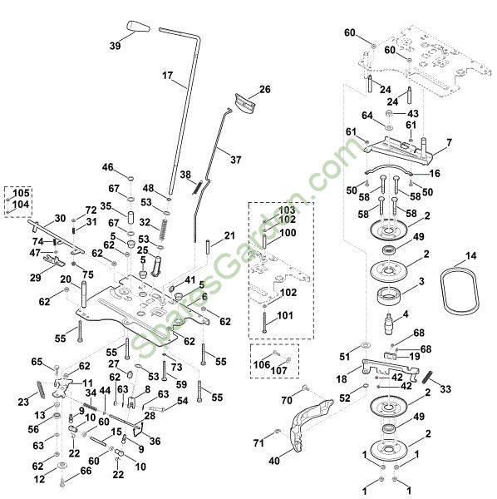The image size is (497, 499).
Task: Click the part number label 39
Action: pyautogui.click(x=116, y=45)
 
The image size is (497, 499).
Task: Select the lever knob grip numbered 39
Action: pyautogui.click(x=138, y=27)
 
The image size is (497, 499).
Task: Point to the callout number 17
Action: pyautogui.click(x=167, y=76)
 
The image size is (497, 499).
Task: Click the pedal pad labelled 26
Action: pyautogui.click(x=245, y=102)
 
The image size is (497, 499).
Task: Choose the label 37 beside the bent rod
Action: pyautogui.click(x=236, y=159)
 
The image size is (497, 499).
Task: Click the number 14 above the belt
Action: pyautogui.click(x=471, y=255)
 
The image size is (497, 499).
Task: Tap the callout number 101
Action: pyautogui.click(x=285, y=315)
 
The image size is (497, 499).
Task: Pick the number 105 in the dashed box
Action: pyautogui.click(x=21, y=193)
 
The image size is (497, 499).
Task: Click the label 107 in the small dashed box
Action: pyautogui.click(x=279, y=370)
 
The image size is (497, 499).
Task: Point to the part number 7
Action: pyautogui.click(x=449, y=142)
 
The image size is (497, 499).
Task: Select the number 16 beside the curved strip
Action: pyautogui.click(x=435, y=173)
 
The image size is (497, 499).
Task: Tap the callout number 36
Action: pyautogui.click(x=155, y=441)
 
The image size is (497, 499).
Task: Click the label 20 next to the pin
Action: pyautogui.click(x=66, y=279)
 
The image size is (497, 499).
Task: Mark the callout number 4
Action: pyautogui.click(x=405, y=314)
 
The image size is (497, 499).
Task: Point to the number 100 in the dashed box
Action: pyautogui.click(x=288, y=233)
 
